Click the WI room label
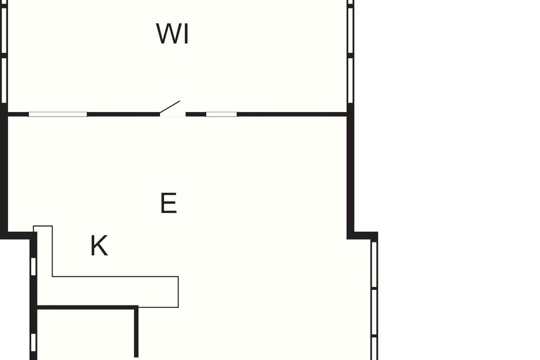[172, 33]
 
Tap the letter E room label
[169, 203]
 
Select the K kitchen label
[99, 245]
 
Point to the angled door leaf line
[170, 107]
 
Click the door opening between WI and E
[173, 115]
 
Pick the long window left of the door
[58, 114]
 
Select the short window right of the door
[221, 114]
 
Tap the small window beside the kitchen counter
[33, 266]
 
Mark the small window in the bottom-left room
[33, 342]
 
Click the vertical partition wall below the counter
[136, 333]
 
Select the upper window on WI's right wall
[351, 31]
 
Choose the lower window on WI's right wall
[351, 80]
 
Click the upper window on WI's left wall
[4, 31]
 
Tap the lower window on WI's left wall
[4, 80]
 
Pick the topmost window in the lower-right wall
[374, 265]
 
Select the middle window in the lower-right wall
[374, 312]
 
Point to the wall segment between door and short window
[196, 114]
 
